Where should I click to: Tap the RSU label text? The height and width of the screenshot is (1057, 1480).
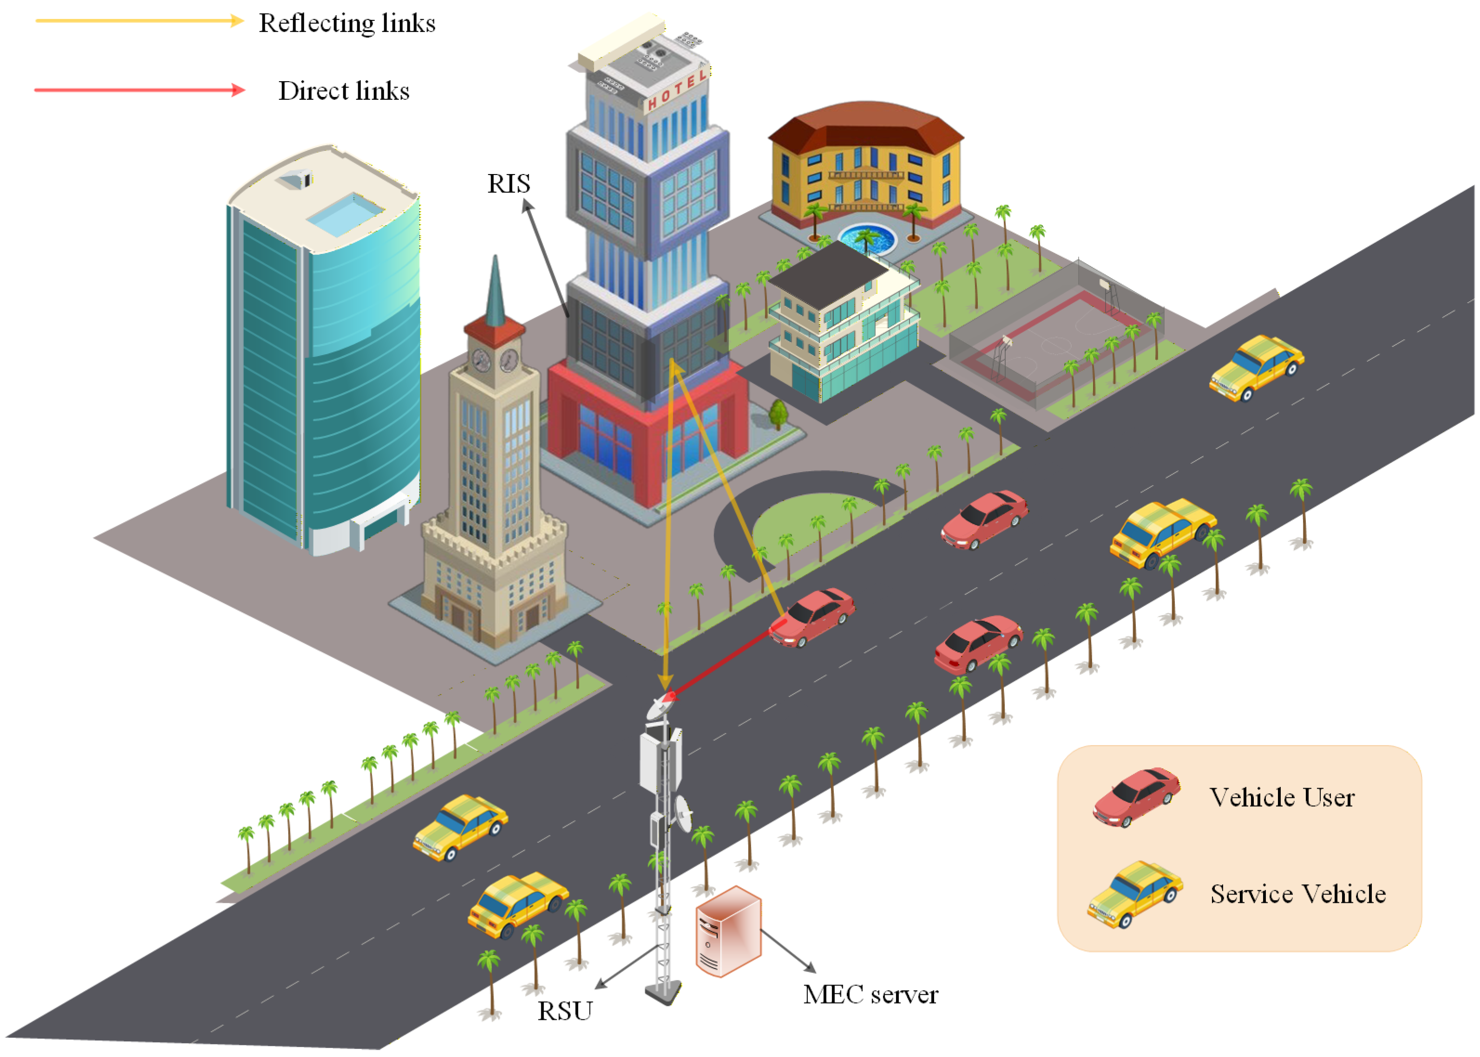click(x=564, y=1011)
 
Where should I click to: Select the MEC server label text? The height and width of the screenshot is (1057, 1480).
click(x=870, y=994)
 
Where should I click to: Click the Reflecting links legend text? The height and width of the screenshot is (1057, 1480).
click(x=347, y=23)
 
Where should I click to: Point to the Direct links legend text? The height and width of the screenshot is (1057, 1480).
click(x=344, y=91)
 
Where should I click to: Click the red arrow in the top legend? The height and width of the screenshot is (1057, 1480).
click(x=139, y=90)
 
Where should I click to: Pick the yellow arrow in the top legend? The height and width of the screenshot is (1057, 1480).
click(x=139, y=21)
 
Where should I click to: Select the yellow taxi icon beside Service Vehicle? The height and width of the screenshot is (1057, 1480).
click(x=1135, y=893)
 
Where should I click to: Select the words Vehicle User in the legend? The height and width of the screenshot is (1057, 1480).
click(x=1281, y=798)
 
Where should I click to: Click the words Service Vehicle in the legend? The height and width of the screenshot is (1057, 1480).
click(x=1298, y=894)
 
